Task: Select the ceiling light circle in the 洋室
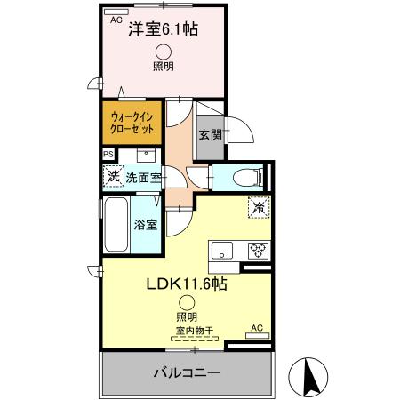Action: click(164, 52)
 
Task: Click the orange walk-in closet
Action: click(133, 123)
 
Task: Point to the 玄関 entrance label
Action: click(210, 136)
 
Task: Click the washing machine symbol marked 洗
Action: click(113, 176)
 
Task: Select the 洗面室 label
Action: click(142, 178)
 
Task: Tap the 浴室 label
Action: click(147, 225)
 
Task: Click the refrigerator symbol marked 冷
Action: click(257, 208)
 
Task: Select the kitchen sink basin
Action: click(221, 248)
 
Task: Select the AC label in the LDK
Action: click(256, 328)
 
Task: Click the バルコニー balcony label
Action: click(186, 372)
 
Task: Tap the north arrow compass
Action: click(312, 375)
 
